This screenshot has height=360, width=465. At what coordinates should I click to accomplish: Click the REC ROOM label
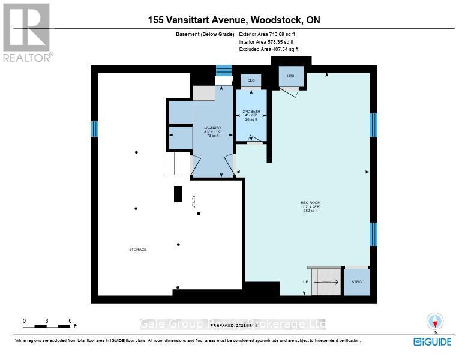click(x=310, y=203)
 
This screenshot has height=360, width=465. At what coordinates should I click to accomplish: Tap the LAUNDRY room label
click(x=213, y=128)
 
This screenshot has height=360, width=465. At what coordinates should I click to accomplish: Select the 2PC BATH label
click(x=250, y=112)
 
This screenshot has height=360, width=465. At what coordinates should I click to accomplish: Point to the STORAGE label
click(x=137, y=249)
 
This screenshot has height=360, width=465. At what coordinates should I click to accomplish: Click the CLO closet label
click(x=250, y=79)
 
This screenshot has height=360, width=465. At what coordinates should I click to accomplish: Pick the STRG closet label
click(x=356, y=281)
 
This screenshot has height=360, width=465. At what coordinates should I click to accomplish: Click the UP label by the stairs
click(x=305, y=281)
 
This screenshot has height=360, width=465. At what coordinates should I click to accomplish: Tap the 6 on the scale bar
click(x=70, y=320)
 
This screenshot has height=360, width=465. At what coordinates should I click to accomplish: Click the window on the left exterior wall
click(x=94, y=129)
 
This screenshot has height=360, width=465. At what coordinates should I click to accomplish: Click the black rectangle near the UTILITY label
click(x=178, y=194)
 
